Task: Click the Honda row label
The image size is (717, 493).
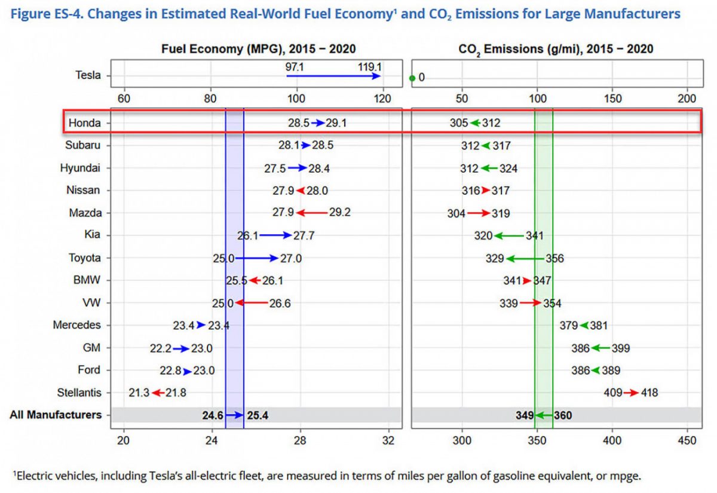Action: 84,123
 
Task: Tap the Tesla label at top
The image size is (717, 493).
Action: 88,75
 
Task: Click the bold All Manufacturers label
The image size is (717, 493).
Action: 56,415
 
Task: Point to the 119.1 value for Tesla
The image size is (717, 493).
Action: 369,67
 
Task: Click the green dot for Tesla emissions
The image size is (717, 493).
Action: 412,78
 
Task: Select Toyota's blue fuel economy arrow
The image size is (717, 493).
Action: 256,258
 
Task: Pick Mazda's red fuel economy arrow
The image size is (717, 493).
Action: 311,213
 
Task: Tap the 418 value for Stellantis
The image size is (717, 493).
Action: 649,393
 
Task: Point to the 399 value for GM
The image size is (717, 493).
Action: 621,348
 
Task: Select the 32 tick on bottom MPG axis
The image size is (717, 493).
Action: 390,441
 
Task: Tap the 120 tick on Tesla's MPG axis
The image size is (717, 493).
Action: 383,99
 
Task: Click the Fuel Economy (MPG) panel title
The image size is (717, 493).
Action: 259,49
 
